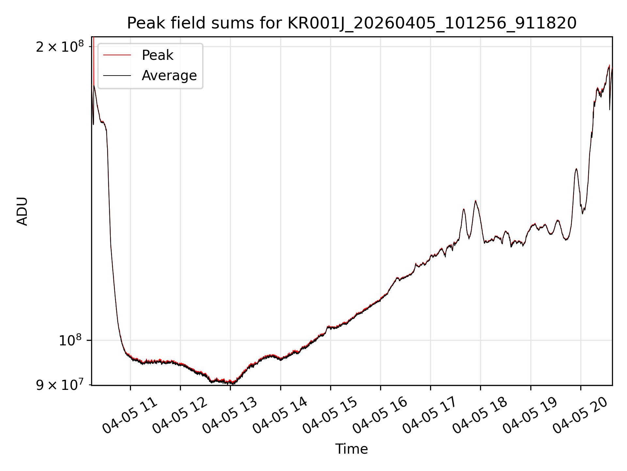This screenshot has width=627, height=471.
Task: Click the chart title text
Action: tap(352, 23)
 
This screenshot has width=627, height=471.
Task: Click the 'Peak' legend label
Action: tap(157, 55)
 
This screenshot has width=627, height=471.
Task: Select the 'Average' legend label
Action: tap(169, 76)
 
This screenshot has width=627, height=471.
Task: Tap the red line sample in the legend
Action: tap(117, 55)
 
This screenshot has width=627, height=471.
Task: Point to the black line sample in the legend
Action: tap(117, 76)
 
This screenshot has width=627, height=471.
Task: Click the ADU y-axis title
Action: tap(22, 211)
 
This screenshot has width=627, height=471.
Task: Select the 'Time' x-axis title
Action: tap(351, 449)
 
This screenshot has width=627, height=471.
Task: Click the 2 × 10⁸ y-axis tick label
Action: tap(59, 47)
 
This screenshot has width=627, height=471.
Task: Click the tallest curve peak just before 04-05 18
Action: tap(475, 201)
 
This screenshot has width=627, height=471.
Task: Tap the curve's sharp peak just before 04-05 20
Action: tap(576, 169)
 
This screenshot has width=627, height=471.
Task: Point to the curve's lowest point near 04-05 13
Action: tap(233, 384)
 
